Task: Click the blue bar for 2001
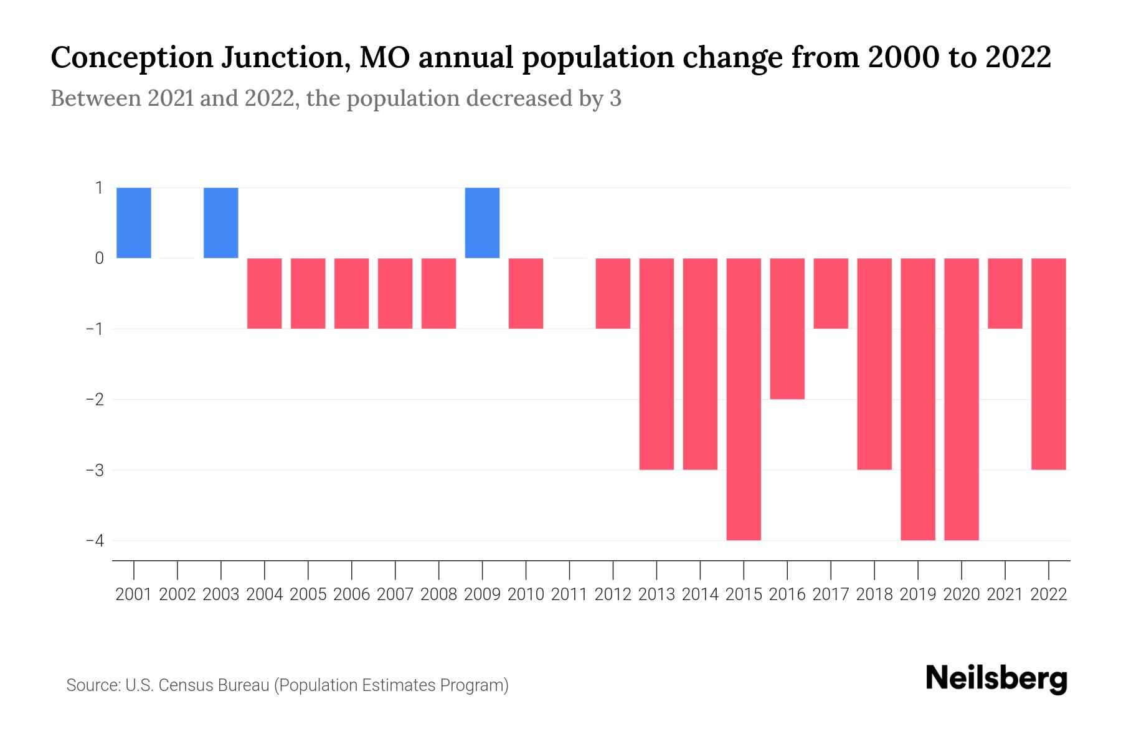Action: pyautogui.click(x=134, y=223)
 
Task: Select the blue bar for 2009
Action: pyautogui.click(x=482, y=223)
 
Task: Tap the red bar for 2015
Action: pyautogui.click(x=744, y=398)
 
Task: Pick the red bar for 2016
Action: pyautogui.click(x=787, y=328)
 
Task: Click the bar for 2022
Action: pyautogui.click(x=1049, y=364)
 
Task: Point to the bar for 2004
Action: pyautogui.click(x=265, y=293)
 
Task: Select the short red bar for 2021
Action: pyautogui.click(x=1005, y=293)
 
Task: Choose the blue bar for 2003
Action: pyautogui.click(x=221, y=223)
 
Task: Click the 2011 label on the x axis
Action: pyautogui.click(x=569, y=594)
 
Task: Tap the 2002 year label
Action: pyautogui.click(x=177, y=594)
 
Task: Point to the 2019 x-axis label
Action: pyautogui.click(x=918, y=594)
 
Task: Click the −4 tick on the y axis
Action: pyautogui.click(x=95, y=540)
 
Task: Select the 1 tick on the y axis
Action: pyautogui.click(x=99, y=187)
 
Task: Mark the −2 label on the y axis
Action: pyautogui.click(x=95, y=399)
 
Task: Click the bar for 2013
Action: pyautogui.click(x=656, y=364)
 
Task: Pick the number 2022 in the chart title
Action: pyautogui.click(x=1019, y=57)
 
